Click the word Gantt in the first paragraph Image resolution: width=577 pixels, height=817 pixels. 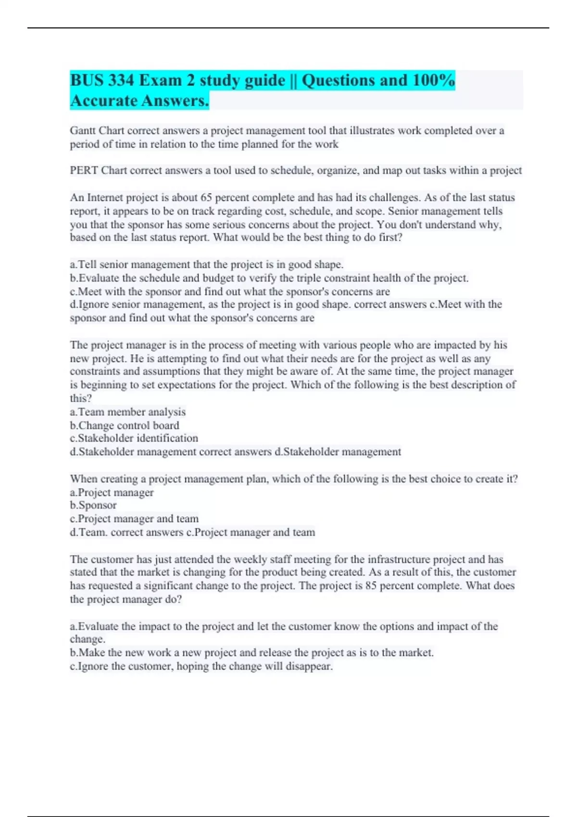pos(83,131)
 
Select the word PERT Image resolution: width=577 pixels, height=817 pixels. pos(84,171)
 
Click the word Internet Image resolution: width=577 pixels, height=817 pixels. pos(107,198)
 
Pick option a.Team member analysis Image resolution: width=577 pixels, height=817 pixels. pos(127,412)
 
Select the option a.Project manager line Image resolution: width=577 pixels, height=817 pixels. pos(112,492)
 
